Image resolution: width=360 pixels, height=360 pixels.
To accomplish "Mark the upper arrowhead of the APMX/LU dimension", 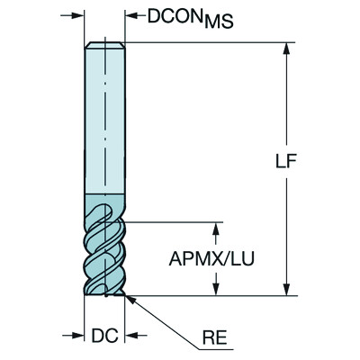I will point(215,225).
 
